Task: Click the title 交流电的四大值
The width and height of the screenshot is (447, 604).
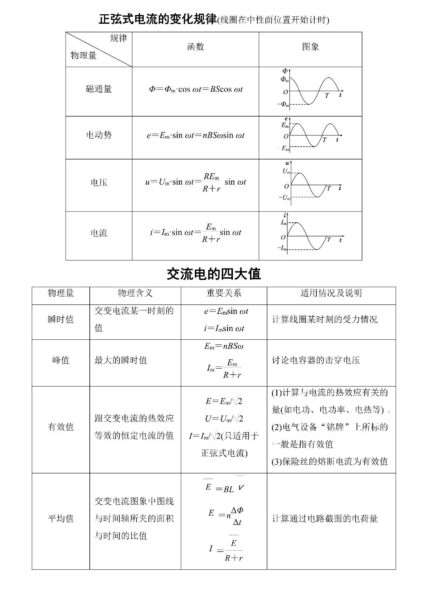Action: (214, 274)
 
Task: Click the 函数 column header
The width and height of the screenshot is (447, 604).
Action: (196, 47)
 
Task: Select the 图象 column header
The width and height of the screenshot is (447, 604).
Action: (310, 47)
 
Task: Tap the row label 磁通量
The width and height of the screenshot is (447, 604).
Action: (99, 89)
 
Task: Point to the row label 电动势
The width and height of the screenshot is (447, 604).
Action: (99, 135)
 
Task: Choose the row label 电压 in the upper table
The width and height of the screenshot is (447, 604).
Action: (99, 182)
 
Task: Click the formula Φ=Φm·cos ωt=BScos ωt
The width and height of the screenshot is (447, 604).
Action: (196, 89)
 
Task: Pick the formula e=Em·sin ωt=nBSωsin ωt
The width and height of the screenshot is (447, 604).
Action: (196, 135)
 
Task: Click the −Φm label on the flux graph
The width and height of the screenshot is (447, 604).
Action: (283, 104)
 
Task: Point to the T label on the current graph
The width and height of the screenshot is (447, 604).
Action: (329, 240)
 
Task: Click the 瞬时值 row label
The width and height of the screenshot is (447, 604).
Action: (61, 319)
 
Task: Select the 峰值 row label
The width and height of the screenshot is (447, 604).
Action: (61, 360)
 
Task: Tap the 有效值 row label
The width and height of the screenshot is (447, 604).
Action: (61, 427)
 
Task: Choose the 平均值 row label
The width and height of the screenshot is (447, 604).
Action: (61, 518)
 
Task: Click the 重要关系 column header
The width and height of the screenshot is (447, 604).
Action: (224, 293)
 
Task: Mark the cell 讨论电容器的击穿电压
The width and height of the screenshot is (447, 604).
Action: (316, 360)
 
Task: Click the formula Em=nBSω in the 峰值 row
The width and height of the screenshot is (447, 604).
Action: (224, 346)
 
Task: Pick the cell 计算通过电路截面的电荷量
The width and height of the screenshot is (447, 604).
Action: (325, 519)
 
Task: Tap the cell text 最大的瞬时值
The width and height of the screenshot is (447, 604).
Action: (121, 360)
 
